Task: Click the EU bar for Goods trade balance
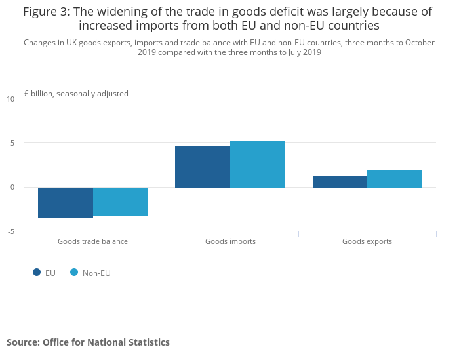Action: (x=66, y=203)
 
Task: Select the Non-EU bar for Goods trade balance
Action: (x=121, y=201)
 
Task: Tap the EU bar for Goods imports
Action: (x=203, y=167)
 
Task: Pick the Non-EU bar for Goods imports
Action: (x=258, y=164)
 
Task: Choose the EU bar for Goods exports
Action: (x=340, y=182)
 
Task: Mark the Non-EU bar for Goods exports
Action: (x=395, y=178)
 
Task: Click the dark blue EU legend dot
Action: (x=37, y=273)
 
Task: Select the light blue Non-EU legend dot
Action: (x=74, y=273)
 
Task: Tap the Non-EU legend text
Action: (x=96, y=273)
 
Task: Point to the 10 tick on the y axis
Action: (x=10, y=99)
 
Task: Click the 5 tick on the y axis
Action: (x=11, y=143)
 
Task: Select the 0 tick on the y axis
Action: (x=11, y=188)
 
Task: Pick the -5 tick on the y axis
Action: (x=10, y=231)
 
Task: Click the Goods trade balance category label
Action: (x=92, y=241)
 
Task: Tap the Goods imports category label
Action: (x=230, y=241)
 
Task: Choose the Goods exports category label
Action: (x=367, y=241)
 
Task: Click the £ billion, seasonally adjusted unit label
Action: (x=76, y=94)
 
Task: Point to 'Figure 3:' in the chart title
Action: (x=46, y=12)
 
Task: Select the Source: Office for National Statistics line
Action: (x=88, y=342)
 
